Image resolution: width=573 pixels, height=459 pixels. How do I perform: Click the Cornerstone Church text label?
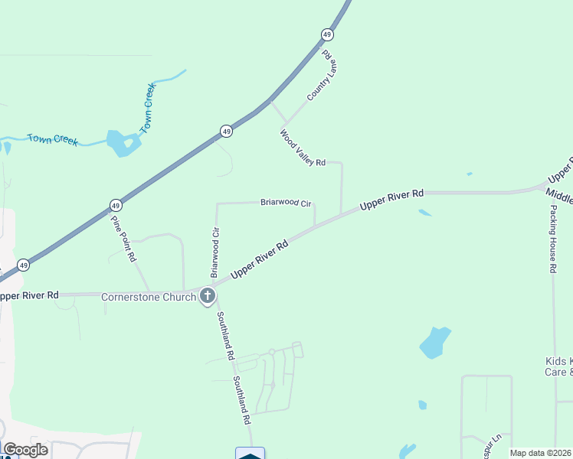pos(149,297)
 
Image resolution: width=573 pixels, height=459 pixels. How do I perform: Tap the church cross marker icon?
pos(207,297)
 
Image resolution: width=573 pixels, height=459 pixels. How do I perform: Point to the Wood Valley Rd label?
pos(302,148)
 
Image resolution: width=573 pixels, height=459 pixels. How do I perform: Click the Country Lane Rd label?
pos(322,76)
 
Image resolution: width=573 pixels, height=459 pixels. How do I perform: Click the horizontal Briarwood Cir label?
pos(286,203)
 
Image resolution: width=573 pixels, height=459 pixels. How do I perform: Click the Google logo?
pos(25,450)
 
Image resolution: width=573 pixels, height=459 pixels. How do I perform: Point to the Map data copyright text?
pos(541,453)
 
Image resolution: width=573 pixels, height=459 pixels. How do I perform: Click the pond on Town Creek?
pos(123,142)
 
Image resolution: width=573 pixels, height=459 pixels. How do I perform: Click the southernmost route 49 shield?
pos(24,265)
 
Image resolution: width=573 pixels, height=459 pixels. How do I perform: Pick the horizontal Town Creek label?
pos(52,139)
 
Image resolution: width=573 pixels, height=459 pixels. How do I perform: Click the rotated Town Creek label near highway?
pos(149,108)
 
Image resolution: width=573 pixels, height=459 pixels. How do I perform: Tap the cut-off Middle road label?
pos(560,194)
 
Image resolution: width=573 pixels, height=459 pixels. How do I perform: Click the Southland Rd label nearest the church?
pos(225,336)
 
